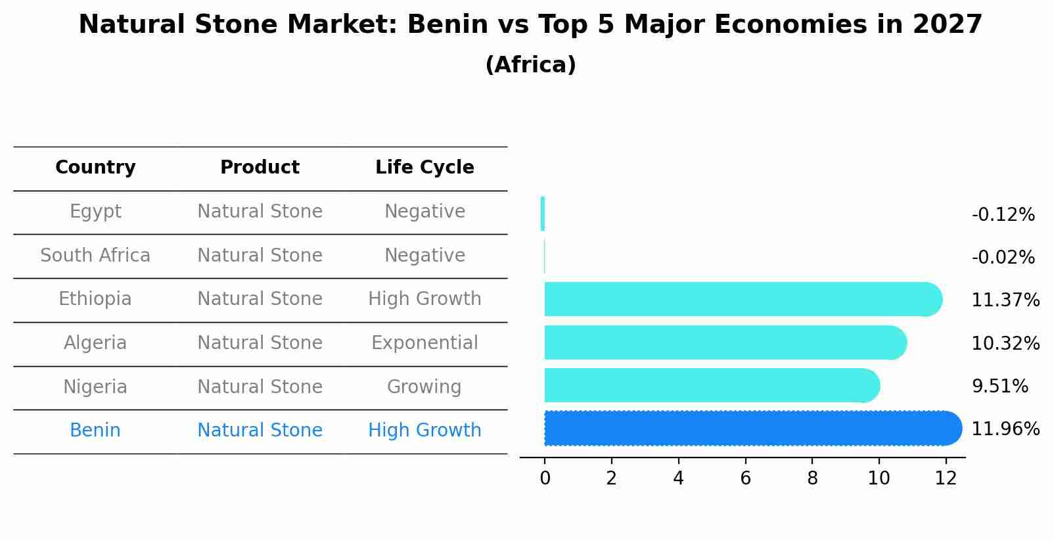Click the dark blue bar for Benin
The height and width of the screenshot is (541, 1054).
click(x=749, y=429)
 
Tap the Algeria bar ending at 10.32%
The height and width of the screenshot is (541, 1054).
click(x=723, y=342)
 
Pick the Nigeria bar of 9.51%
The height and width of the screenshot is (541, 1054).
click(x=710, y=385)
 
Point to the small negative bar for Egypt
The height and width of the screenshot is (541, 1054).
click(x=543, y=214)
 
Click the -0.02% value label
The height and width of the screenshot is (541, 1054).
click(x=1003, y=258)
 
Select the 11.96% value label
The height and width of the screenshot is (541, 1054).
click(x=1005, y=429)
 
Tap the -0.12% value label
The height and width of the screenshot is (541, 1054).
click(x=1003, y=215)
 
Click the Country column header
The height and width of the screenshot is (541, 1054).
click(x=95, y=168)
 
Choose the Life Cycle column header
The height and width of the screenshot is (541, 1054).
click(x=424, y=168)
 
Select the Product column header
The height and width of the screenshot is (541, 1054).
click(x=260, y=168)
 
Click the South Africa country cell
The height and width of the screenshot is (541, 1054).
click(x=95, y=256)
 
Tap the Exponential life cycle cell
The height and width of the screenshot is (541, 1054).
click(x=424, y=343)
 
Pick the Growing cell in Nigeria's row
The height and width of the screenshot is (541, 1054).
click(x=424, y=387)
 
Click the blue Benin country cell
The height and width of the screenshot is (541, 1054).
click(x=95, y=431)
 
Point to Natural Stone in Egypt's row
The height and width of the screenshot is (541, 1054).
click(x=260, y=212)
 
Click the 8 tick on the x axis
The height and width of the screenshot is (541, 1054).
click(x=812, y=479)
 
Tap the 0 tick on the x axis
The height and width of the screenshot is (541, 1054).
click(x=545, y=479)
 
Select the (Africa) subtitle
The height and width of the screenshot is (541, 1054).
click(x=530, y=65)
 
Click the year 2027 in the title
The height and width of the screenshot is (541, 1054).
click(x=947, y=25)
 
